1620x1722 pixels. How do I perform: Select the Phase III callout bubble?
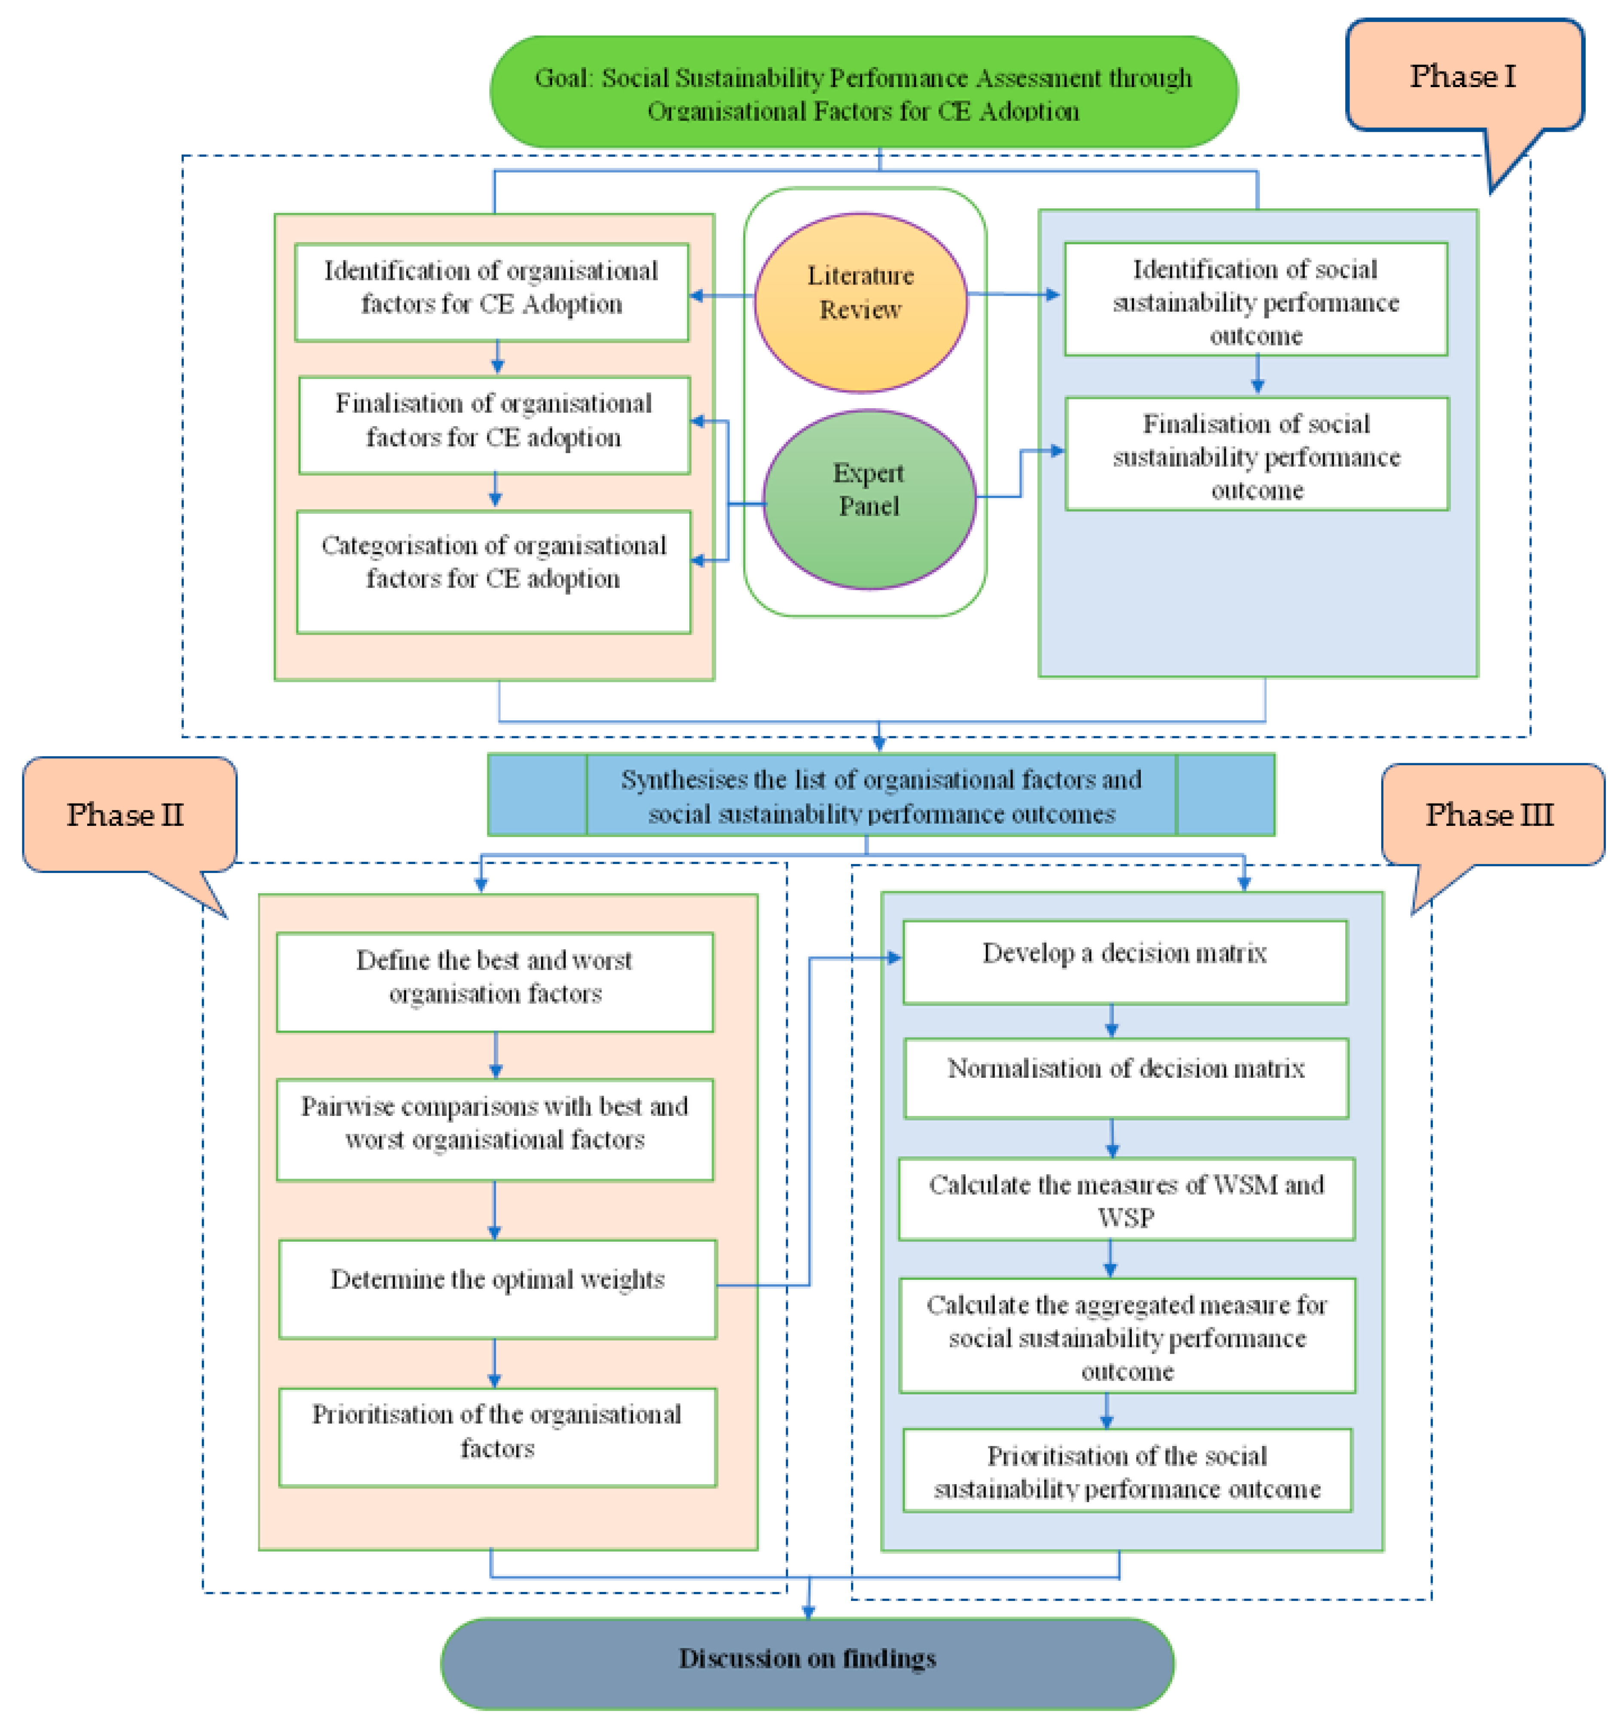[x=1490, y=814]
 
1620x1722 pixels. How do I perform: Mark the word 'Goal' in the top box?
[x=561, y=78]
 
